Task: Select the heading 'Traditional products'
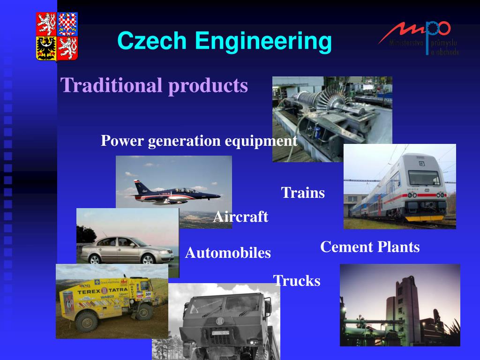pyautogui.click(x=154, y=85)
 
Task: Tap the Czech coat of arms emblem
pyautogui.click(x=57, y=37)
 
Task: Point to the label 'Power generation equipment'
pyautogui.click(x=199, y=141)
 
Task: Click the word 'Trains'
pyautogui.click(x=303, y=193)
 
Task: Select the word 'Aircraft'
pyautogui.click(x=240, y=217)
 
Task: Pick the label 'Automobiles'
pyautogui.click(x=228, y=253)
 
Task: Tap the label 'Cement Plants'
pyautogui.click(x=370, y=247)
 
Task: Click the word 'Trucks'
pyautogui.click(x=297, y=281)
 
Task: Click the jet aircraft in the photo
pyautogui.click(x=173, y=192)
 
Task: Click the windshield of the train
pyautogui.click(x=424, y=178)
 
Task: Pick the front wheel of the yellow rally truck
pyautogui.click(x=86, y=321)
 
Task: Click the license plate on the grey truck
pyautogui.click(x=220, y=333)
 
